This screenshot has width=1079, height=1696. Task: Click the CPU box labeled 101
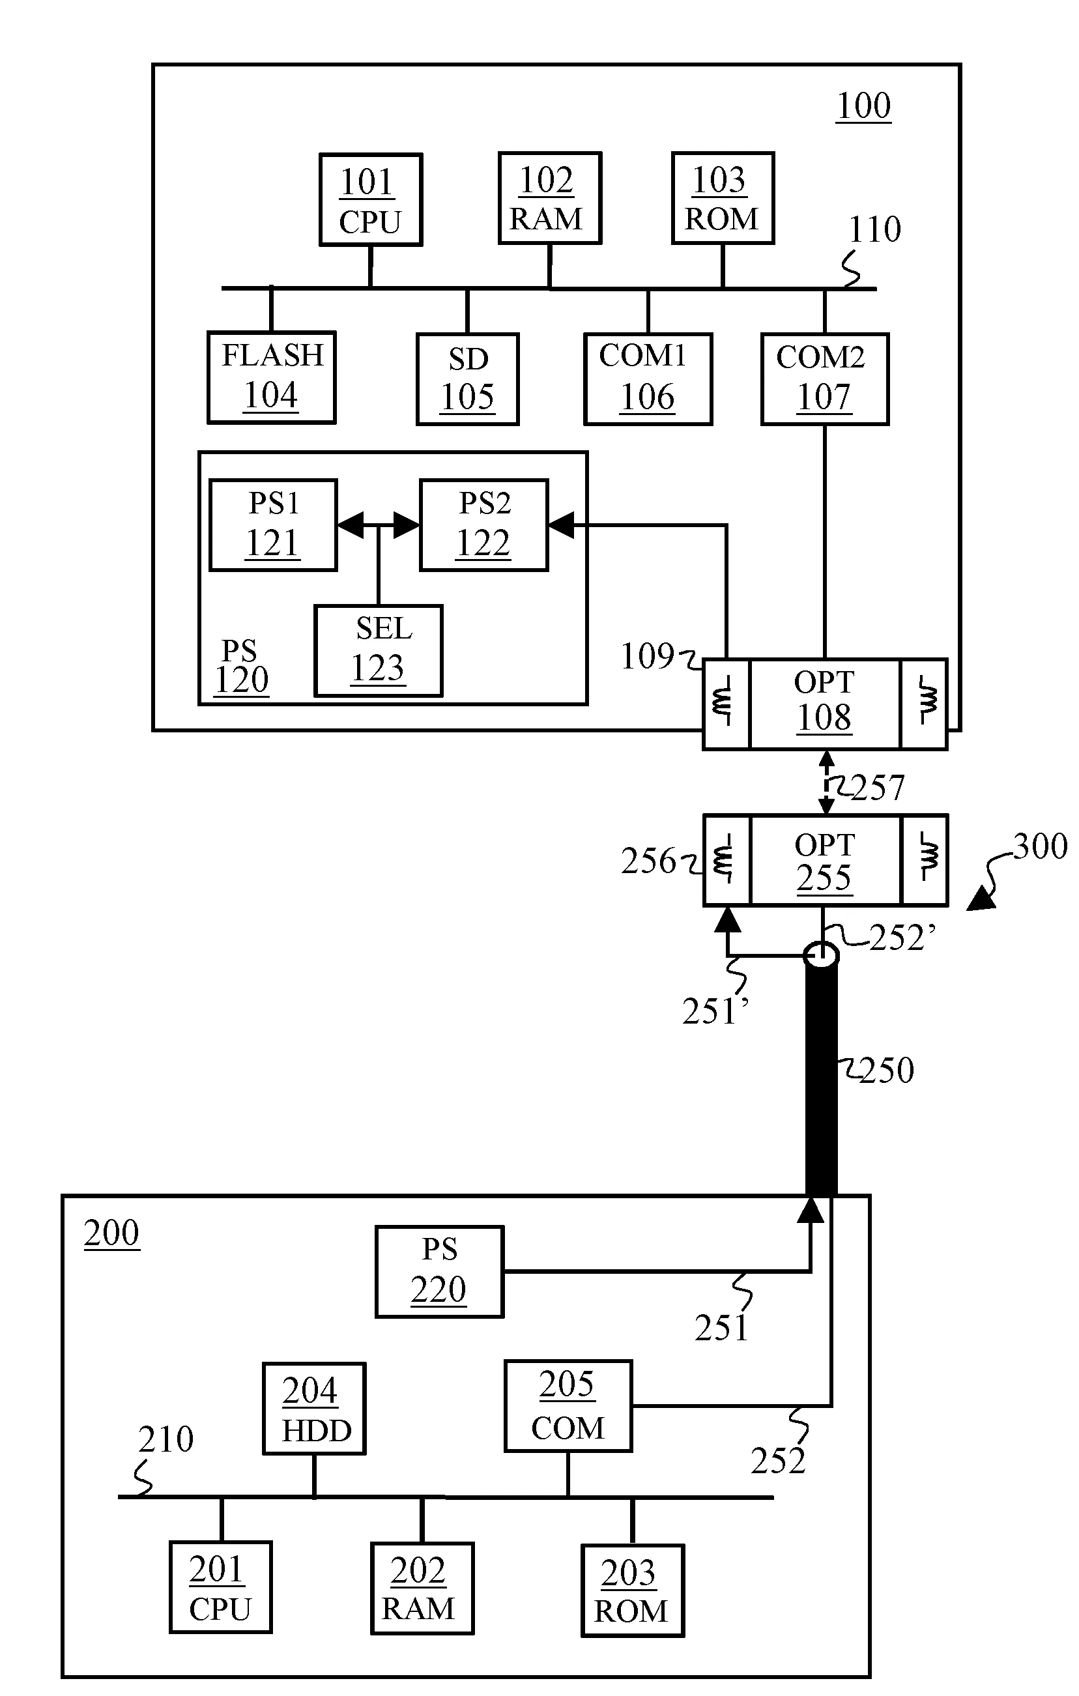[371, 199]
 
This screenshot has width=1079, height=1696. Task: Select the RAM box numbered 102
[549, 198]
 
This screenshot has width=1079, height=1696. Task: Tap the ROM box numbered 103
[723, 198]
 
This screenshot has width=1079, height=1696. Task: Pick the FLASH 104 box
[271, 377]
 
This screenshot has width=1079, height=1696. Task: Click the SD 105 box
[467, 379]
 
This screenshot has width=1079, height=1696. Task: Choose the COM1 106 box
[647, 379]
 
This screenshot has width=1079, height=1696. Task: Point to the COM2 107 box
[824, 379]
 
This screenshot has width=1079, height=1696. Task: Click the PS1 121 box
[273, 525]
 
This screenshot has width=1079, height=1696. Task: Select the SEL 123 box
[378, 650]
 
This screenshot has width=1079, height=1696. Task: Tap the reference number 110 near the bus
[874, 229]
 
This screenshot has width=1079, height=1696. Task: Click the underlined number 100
[863, 106]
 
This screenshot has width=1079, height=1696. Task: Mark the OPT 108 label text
[824, 702]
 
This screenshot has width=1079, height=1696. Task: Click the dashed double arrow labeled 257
[826, 783]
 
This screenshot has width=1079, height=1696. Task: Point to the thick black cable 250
[821, 1078]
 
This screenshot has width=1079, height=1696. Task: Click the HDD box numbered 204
[314, 1409]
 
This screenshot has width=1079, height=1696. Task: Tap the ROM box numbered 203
[632, 1590]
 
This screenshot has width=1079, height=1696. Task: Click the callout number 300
[1039, 846]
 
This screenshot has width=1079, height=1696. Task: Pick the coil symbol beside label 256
[725, 860]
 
